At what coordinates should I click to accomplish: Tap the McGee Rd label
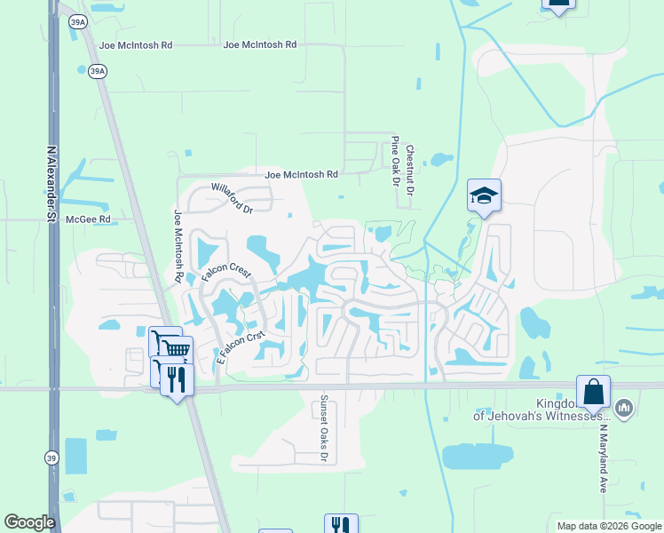pyautogui.click(x=92, y=219)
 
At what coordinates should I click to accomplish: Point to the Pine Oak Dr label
pyautogui.click(x=395, y=162)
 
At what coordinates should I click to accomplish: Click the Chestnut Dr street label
pyautogui.click(x=410, y=171)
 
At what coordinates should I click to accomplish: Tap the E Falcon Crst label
pyautogui.click(x=241, y=347)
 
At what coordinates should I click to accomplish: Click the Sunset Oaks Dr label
pyautogui.click(x=324, y=428)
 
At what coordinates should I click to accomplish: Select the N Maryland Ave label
pyautogui.click(x=602, y=458)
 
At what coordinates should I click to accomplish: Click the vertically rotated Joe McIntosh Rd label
pyautogui.click(x=178, y=246)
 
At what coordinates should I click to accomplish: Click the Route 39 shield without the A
pyautogui.click(x=51, y=457)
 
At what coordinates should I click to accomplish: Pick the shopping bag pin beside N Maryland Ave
pyautogui.click(x=593, y=391)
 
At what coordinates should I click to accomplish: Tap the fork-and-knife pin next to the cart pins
pyautogui.click(x=177, y=379)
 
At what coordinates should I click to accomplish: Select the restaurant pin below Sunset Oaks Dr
pyautogui.click(x=341, y=525)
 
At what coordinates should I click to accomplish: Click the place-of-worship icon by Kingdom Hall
pyautogui.click(x=624, y=408)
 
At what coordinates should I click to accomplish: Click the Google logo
pyautogui.click(x=30, y=522)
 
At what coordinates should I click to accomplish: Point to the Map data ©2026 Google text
pyautogui.click(x=608, y=526)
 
